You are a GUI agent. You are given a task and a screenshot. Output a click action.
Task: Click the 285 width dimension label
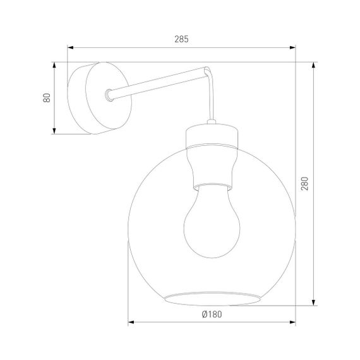(181, 39)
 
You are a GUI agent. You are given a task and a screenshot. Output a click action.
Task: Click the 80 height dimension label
(46, 98)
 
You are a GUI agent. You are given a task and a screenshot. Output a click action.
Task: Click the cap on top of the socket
(212, 135)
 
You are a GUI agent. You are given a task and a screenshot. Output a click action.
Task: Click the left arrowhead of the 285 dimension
(71, 47)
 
